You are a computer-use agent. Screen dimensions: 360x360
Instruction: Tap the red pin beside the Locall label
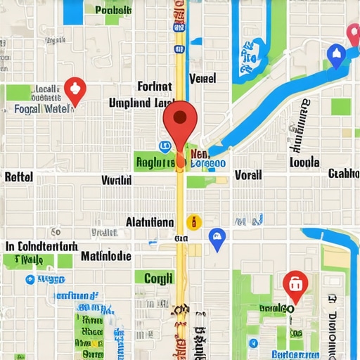point(74,90)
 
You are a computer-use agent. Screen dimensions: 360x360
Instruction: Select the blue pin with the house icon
point(337,56)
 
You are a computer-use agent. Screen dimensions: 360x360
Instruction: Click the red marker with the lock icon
point(294,284)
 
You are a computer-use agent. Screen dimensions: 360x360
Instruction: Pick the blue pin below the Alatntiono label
point(217,239)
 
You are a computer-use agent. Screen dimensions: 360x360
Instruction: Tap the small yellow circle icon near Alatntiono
point(193,223)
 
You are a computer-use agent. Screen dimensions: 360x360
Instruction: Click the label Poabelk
point(112,11)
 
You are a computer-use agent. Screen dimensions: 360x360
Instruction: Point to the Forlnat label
point(155,86)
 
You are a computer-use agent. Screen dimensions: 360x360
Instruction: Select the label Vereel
point(203,77)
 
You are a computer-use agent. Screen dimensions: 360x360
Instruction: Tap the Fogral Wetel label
point(42,109)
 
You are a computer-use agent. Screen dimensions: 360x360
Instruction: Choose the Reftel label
point(18,176)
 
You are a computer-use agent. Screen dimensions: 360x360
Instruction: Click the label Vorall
point(248,175)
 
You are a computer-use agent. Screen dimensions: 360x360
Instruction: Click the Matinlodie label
point(105,256)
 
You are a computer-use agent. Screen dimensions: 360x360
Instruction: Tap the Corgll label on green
point(158,278)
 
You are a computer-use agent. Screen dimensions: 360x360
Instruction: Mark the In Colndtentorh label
point(41,247)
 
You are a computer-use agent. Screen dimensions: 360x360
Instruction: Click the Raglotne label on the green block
point(155,162)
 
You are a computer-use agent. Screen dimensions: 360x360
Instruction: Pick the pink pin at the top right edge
point(354,33)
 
